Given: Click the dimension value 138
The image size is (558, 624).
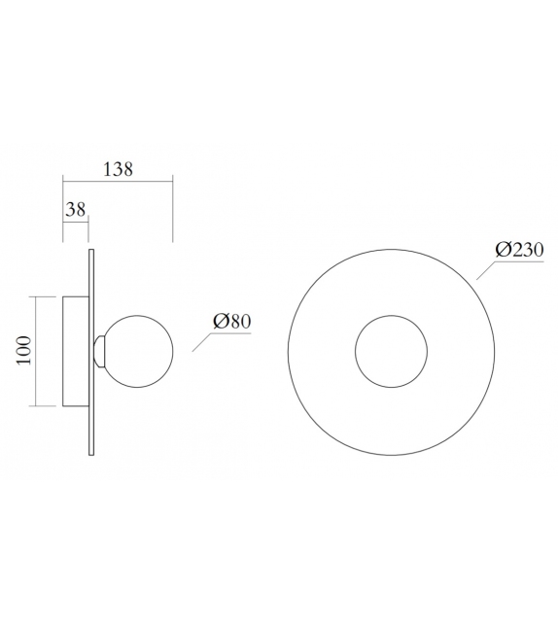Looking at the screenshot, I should click(x=117, y=168).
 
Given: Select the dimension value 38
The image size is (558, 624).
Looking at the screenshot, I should click(x=76, y=208).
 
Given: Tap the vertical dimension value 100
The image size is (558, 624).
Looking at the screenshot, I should click(x=24, y=351).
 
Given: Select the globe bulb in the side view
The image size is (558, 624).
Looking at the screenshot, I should click(x=139, y=351).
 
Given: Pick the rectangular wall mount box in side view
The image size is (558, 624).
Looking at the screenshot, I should click(x=76, y=351).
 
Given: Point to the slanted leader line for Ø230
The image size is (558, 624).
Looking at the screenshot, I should click(x=486, y=267).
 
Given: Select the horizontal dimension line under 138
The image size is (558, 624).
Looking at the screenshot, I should click(x=117, y=180).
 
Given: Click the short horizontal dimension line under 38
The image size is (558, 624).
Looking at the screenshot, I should click(x=76, y=220).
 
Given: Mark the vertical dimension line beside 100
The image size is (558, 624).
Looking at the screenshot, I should click(x=37, y=351).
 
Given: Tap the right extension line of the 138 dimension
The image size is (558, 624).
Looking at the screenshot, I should click(x=172, y=209).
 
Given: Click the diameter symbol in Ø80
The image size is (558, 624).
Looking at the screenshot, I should click(x=219, y=322).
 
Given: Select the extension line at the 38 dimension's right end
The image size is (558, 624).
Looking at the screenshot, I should click(x=88, y=231).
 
